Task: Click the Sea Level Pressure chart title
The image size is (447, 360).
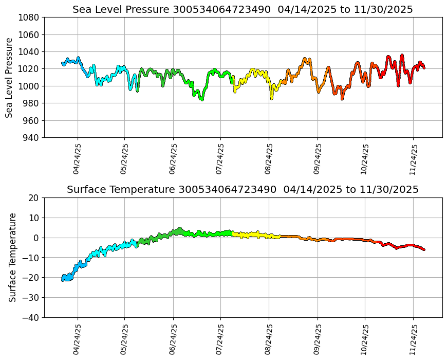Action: (243, 10)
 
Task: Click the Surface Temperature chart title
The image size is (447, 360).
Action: (243, 190)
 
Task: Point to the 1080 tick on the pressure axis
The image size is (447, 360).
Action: (30, 17)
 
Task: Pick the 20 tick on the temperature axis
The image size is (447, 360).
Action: (34, 198)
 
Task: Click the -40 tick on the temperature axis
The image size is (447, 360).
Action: (32, 318)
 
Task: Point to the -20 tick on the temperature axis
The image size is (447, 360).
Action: (32, 278)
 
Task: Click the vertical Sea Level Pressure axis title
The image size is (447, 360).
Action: (10, 77)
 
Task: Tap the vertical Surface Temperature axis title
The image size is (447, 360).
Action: (12, 257)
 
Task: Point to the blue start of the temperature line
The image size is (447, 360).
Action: (63, 279)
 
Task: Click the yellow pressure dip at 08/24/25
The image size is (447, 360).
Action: (271, 96)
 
